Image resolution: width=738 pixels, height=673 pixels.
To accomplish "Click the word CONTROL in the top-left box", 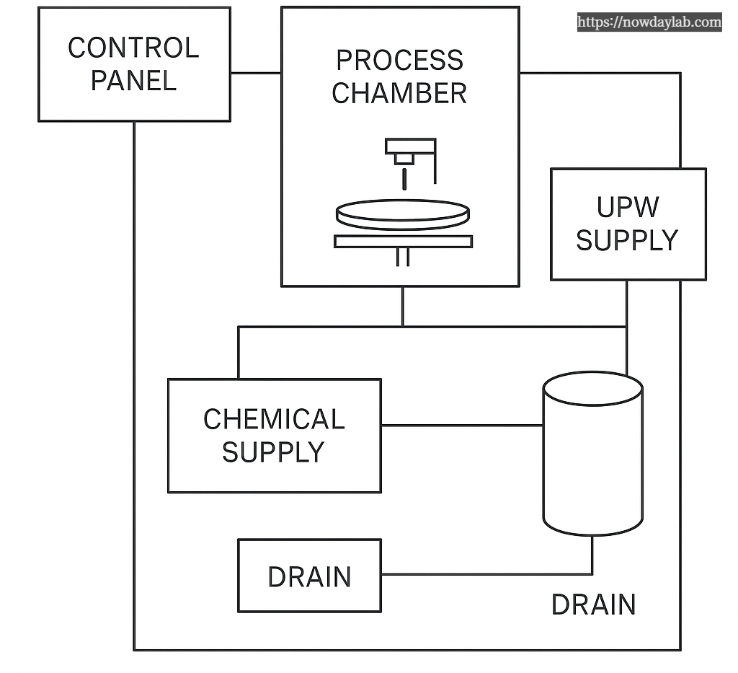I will (133, 48).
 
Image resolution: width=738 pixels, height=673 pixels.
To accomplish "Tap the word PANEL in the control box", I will (133, 80).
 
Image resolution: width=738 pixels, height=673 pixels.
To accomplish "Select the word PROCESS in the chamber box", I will (400, 60).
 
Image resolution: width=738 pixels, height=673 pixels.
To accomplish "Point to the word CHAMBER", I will (399, 93).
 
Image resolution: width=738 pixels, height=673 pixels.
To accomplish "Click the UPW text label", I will (627, 207).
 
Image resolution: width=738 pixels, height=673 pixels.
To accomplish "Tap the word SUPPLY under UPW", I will (627, 240).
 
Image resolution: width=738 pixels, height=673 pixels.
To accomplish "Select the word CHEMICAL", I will (274, 419).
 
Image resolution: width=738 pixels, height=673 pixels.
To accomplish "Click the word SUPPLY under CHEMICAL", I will (273, 452).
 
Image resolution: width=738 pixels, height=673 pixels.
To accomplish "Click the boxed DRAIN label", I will (309, 577).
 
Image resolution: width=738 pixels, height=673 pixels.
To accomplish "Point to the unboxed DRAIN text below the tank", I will (593, 604).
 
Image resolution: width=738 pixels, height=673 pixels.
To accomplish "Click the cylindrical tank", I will (592, 462).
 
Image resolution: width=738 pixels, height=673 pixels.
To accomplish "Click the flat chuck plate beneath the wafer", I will (403, 242).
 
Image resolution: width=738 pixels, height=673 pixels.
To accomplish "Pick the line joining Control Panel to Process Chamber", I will (255, 73).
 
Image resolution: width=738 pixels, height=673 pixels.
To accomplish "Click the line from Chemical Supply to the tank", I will (461, 425).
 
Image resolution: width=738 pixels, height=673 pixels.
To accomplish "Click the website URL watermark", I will (649, 22).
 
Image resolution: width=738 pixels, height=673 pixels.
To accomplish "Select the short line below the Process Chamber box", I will (403, 306).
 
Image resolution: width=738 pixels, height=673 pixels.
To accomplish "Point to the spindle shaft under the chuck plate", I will (403, 257).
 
